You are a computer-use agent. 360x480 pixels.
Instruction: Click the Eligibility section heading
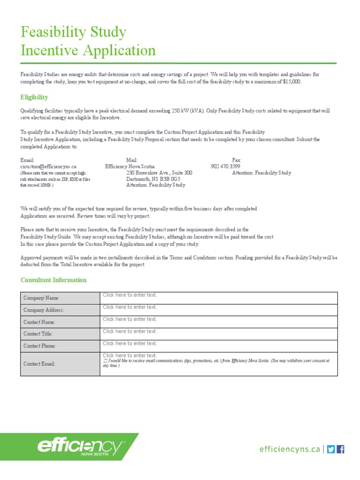click(x=34, y=97)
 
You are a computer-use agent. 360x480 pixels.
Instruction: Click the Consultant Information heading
click(x=53, y=280)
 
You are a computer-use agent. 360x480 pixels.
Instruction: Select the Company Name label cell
click(x=60, y=298)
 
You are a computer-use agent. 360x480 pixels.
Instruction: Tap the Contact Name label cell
click(x=60, y=322)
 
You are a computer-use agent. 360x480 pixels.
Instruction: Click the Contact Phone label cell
click(x=60, y=346)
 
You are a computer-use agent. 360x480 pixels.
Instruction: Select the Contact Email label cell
click(x=60, y=364)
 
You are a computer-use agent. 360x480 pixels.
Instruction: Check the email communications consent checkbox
click(x=105, y=361)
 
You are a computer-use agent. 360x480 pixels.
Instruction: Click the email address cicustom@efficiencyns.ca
click(x=48, y=166)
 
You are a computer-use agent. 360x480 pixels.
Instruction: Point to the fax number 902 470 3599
click(x=225, y=166)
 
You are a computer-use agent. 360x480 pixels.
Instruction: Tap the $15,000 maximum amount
click(x=292, y=82)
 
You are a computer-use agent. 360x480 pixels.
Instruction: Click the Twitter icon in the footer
click(x=331, y=449)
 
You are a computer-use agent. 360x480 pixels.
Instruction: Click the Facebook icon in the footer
click(x=341, y=449)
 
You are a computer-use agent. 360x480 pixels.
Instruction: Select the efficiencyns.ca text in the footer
click(x=290, y=449)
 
